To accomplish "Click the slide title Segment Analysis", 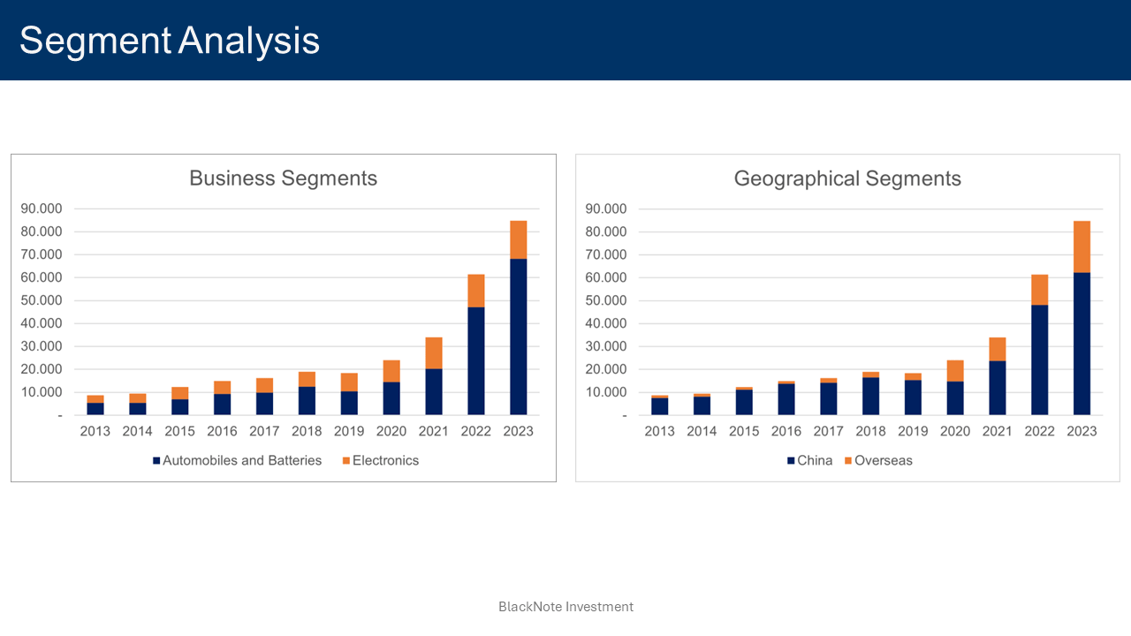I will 170,41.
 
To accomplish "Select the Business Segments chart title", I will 283,178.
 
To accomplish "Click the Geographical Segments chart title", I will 846,178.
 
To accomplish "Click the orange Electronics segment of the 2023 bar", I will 519,239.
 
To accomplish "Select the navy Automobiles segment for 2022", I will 476,360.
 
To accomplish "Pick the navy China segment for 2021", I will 997,388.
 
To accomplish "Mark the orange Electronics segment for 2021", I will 434,352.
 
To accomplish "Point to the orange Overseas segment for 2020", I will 955,371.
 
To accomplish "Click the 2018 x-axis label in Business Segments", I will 307,431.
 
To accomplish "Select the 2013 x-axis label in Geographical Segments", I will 659,431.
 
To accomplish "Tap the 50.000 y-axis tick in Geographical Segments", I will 605,300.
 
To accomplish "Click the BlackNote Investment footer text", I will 565,607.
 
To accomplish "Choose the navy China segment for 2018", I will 871,396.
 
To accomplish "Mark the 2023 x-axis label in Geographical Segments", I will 1082,431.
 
